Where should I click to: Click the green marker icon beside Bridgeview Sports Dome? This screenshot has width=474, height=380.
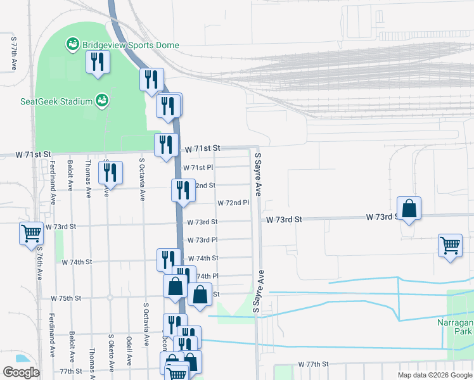[72, 44]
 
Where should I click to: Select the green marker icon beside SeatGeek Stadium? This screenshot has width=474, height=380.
[101, 100]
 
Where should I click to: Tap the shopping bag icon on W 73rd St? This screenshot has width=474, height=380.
[409, 208]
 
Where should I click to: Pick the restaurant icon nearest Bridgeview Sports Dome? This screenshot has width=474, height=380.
[98, 62]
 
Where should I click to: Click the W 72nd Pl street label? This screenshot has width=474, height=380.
[234, 203]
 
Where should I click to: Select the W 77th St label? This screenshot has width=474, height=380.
[314, 365]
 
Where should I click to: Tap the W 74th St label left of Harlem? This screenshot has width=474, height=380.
[77, 261]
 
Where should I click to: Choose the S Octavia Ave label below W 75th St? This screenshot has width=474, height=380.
[145, 323]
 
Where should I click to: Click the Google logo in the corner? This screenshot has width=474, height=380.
[21, 372]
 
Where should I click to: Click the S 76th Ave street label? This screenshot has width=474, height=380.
[39, 263]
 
